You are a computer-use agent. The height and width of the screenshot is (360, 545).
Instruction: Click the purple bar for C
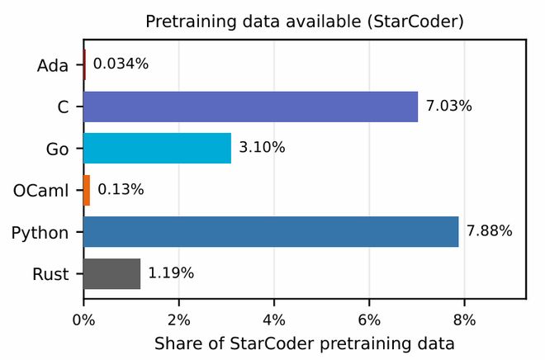250,107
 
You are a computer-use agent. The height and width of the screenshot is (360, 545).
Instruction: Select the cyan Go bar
157,148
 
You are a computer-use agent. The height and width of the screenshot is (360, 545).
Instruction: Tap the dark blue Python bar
271,232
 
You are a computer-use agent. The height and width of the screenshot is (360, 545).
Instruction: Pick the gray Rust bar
112,274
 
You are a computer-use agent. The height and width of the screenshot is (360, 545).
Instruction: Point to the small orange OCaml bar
87,190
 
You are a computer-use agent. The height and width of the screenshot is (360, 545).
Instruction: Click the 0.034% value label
121,64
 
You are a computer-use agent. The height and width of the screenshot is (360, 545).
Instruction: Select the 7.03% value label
449,106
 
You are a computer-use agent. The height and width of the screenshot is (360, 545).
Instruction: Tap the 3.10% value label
262,147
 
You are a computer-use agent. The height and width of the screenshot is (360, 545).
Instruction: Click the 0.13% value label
121,189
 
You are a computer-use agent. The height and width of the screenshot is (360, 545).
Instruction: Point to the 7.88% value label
490,230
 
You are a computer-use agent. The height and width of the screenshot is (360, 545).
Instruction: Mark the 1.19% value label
171,272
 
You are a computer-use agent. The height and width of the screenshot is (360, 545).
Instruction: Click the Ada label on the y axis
53,65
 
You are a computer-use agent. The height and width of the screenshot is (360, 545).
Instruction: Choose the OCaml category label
40,191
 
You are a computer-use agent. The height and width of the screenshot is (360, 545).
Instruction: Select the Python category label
40,233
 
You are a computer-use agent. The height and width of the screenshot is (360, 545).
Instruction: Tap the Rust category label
50,274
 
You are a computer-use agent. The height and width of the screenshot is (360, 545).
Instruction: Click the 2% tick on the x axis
178,320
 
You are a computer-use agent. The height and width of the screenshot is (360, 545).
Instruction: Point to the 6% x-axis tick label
369,320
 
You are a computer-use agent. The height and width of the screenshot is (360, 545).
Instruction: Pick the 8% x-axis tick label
464,320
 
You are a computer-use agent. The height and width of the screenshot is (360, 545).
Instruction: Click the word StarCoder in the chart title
415,22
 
